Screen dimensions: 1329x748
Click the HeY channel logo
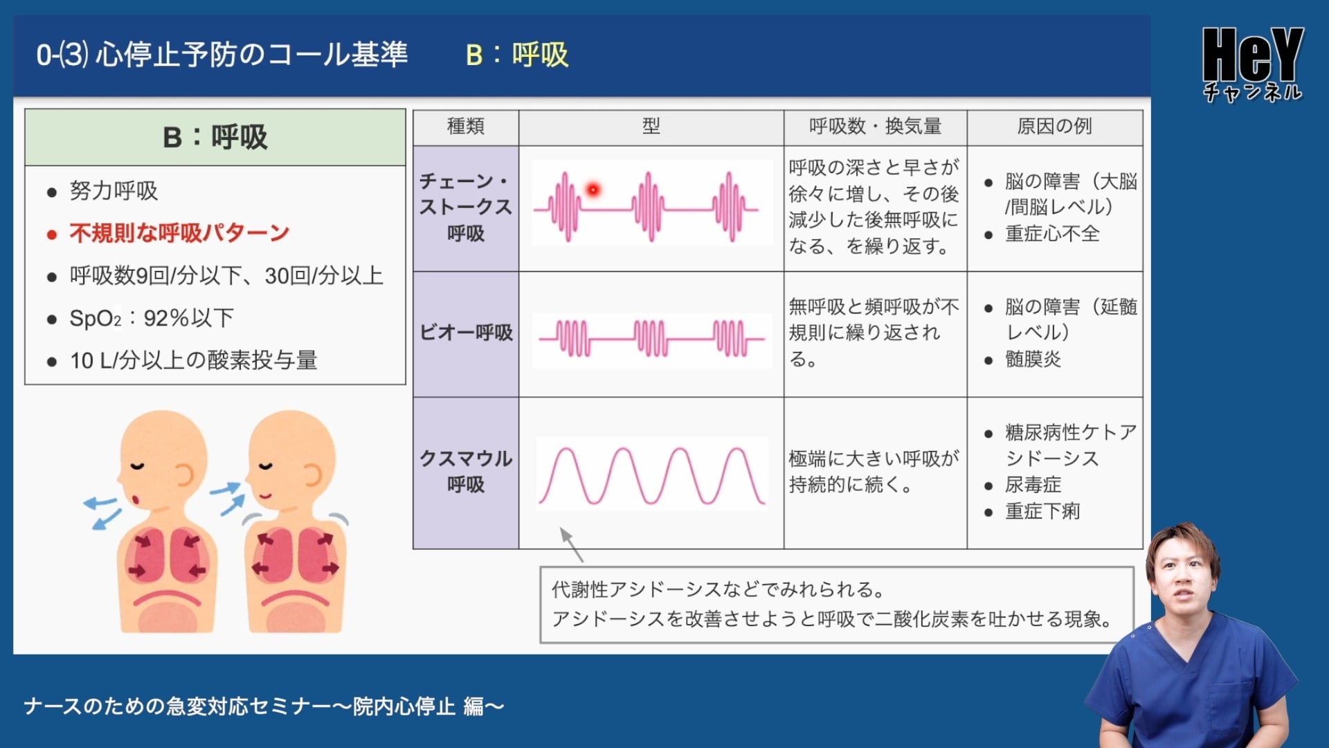point(1253,64)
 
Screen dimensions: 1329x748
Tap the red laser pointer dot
point(593,189)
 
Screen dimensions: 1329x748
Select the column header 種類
point(466,126)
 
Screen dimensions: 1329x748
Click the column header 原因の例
point(1054,126)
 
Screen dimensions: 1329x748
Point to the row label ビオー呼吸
point(466,332)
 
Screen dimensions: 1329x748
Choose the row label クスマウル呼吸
point(466,471)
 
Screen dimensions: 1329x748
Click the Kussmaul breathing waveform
point(652,475)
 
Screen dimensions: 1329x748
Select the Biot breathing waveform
point(652,339)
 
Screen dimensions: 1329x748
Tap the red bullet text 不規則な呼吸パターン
point(179,233)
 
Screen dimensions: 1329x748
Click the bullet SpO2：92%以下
point(152,318)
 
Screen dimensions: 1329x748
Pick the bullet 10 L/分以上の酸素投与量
point(193,360)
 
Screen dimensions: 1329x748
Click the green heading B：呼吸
point(215,137)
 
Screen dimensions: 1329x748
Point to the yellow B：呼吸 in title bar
point(517,55)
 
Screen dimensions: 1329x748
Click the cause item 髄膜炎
point(1033,359)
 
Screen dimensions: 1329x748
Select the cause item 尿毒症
point(1033,485)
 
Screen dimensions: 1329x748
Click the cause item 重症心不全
point(1052,233)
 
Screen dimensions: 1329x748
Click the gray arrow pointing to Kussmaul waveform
point(572,544)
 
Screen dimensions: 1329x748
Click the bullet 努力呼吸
point(114,190)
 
